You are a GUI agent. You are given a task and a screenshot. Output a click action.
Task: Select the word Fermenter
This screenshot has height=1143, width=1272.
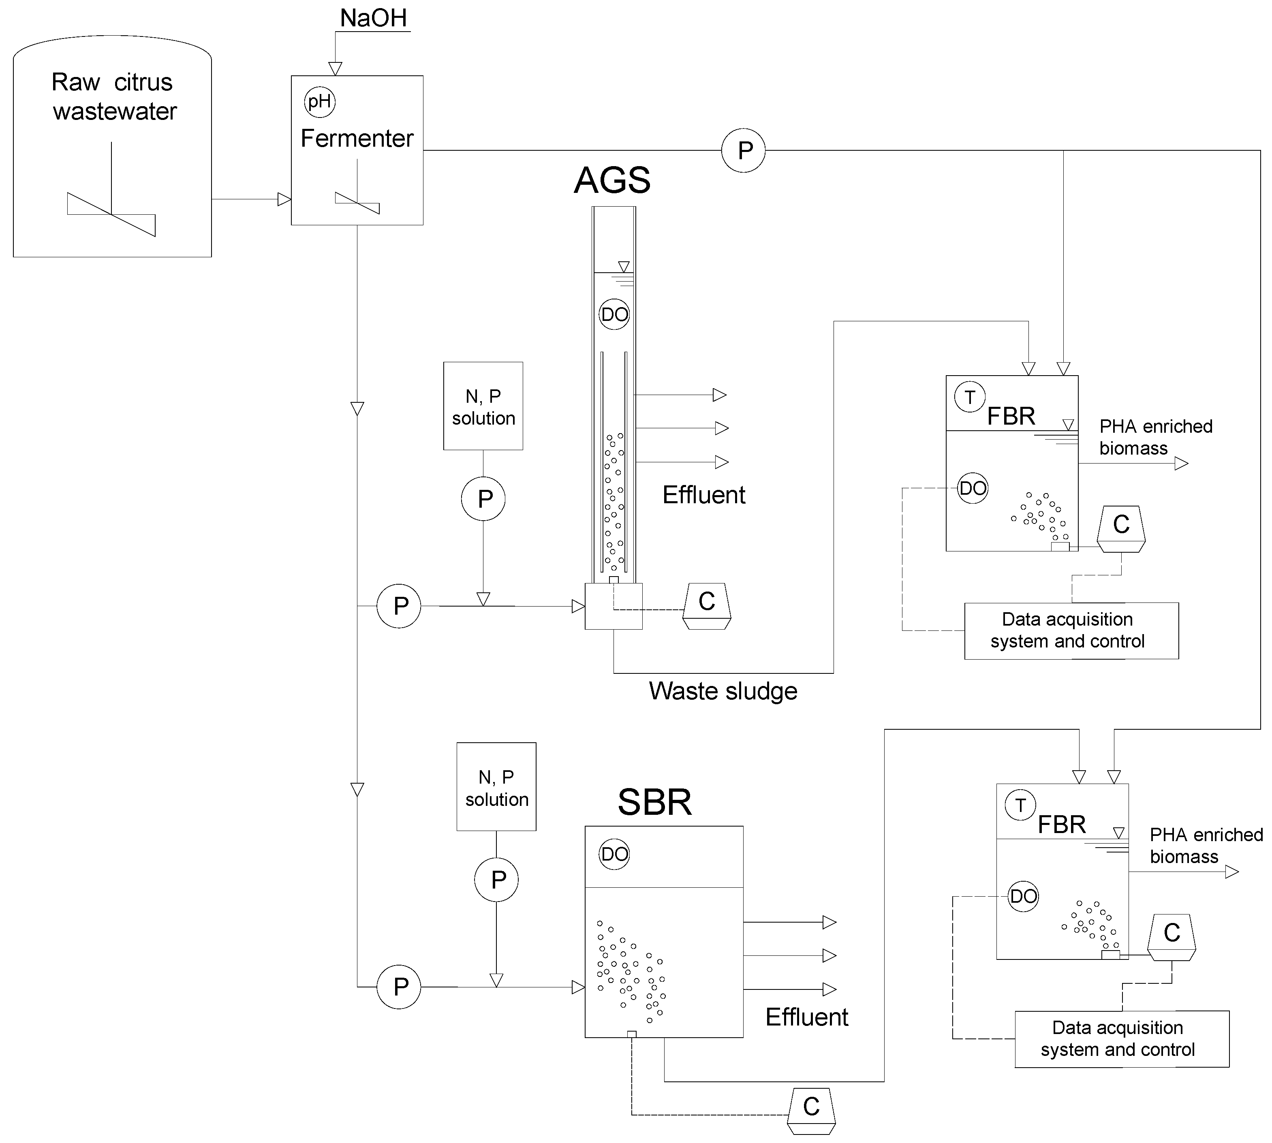[357, 138]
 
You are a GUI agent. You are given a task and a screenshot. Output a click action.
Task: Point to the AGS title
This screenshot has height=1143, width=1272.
[612, 180]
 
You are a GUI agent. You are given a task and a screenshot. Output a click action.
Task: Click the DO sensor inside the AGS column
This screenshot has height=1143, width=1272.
[614, 314]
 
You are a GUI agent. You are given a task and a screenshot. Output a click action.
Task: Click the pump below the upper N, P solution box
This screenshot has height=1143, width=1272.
[483, 499]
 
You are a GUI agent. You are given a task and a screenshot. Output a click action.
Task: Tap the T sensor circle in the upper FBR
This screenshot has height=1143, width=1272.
[970, 397]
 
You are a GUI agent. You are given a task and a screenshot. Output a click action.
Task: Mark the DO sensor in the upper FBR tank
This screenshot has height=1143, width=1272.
[973, 488]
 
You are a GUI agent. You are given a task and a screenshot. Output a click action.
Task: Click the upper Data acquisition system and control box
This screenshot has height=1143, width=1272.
[1071, 630]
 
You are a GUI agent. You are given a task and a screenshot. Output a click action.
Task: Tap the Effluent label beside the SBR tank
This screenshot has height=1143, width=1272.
[806, 1017]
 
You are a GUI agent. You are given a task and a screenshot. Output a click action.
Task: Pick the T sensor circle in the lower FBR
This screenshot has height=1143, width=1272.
[1020, 805]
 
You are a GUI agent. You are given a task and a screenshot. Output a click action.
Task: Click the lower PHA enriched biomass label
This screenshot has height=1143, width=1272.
[1206, 845]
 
